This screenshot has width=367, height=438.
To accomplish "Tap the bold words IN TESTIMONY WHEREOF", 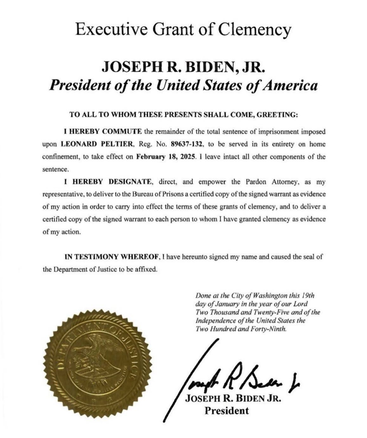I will point(113,257).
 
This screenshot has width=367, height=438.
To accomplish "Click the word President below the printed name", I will point(226,411).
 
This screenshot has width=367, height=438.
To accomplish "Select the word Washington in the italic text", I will point(269,296).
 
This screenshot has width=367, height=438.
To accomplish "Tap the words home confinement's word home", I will point(317,144).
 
